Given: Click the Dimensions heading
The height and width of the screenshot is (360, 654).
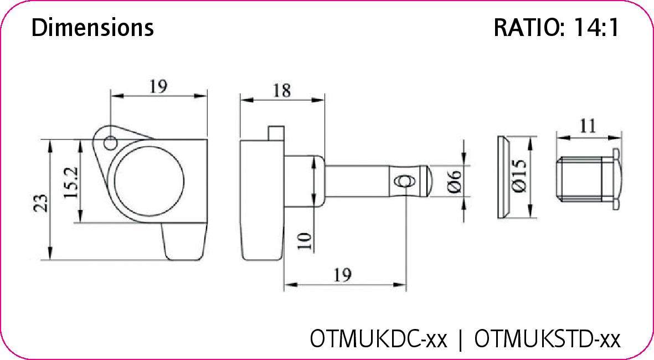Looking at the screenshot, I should click(92, 27).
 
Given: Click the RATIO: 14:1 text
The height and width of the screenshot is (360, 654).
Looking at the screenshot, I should click(555, 28).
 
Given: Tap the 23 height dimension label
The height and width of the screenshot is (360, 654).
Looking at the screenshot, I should click(40, 203).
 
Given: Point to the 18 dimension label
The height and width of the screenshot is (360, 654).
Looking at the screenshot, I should click(281, 91).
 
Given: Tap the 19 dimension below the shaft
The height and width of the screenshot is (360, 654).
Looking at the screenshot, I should click(343, 275).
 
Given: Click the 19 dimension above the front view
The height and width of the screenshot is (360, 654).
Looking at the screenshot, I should click(158, 86).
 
